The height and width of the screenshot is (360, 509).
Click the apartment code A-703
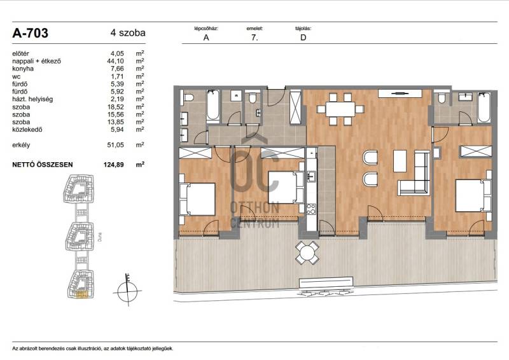pyautogui.click(x=30, y=33)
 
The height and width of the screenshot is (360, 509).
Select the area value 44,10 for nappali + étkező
pyautogui.click(x=115, y=61)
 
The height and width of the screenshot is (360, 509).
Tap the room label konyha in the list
pyautogui.click(x=23, y=69)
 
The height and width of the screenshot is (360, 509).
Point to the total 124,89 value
pyautogui.click(x=114, y=165)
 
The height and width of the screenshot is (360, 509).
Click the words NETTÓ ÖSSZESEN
pyautogui.click(x=43, y=165)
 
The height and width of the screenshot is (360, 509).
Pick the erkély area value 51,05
pyautogui.click(x=115, y=145)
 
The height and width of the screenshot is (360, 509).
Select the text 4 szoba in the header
pyautogui.click(x=128, y=33)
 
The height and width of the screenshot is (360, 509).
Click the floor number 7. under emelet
pyautogui.click(x=254, y=38)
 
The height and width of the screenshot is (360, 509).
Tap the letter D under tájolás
pyautogui.click(x=303, y=38)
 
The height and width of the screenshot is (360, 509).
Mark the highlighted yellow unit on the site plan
pyautogui.click(x=82, y=294)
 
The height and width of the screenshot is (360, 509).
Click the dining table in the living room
pyautogui.click(x=340, y=109)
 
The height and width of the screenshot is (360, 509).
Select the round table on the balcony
pyautogui.click(x=307, y=253)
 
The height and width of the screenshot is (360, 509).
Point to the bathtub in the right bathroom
pyautogui.click(x=484, y=107)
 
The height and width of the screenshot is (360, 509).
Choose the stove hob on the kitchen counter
pyautogui.click(x=311, y=209)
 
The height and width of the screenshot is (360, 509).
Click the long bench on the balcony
pyautogui.click(x=326, y=282)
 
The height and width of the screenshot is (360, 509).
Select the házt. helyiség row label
pyautogui.click(x=32, y=99)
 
